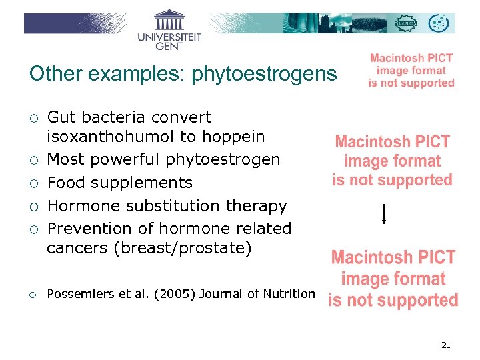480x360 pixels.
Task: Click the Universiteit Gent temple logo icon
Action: coord(169,19)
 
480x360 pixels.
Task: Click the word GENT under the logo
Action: coord(169,46)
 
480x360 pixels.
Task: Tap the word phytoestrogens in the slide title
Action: coord(264,74)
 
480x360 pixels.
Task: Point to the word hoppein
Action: coord(233,137)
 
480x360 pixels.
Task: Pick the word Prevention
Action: coord(90,228)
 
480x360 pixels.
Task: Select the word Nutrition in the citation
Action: coord(291,293)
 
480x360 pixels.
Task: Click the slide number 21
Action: coord(446,345)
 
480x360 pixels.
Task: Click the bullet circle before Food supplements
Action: coord(33,183)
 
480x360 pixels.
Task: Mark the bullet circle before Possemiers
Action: coord(33,294)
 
